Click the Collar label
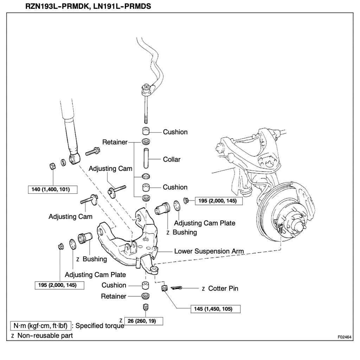pyautogui.click(x=172, y=159)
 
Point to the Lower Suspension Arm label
pyautogui.click(x=209, y=251)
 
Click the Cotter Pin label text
pyautogui.click(x=223, y=288)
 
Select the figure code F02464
pyautogui.click(x=345, y=336)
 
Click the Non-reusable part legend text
pyautogui.click(x=45, y=335)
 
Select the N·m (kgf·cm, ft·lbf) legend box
pyautogui.click(x=40, y=325)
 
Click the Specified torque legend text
pyautogui.click(x=100, y=326)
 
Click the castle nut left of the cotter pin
pyautogui.click(x=163, y=288)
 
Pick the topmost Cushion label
pyautogui.click(x=175, y=132)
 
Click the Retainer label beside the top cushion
pyautogui.click(x=115, y=142)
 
